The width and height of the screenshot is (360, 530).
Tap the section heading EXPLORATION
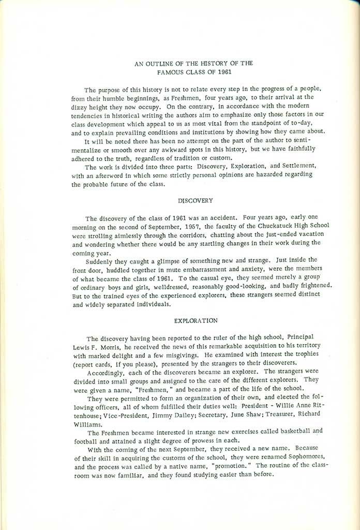[196, 320]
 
